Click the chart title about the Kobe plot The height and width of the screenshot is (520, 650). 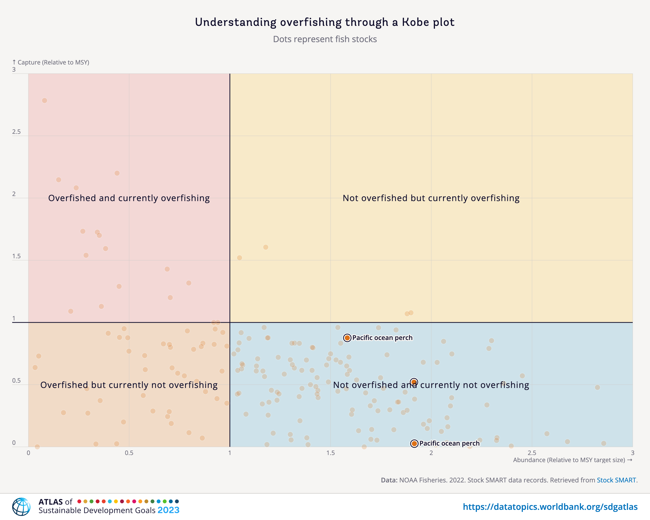(x=325, y=22)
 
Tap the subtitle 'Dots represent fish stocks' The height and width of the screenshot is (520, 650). (x=325, y=39)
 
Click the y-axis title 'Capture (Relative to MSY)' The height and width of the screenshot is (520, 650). (x=53, y=62)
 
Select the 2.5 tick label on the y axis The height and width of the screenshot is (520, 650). (x=17, y=132)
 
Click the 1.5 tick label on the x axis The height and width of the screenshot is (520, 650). (x=330, y=453)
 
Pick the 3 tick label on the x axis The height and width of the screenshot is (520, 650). (x=632, y=453)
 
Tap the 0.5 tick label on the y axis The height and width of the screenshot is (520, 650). (x=17, y=380)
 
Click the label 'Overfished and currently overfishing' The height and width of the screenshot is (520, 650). (x=129, y=198)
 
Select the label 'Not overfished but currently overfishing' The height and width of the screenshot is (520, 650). (x=431, y=198)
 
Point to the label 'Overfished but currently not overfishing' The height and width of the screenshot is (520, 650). (x=129, y=385)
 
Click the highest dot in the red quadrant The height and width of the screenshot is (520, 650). (x=45, y=100)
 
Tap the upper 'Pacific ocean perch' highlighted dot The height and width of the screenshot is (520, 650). (x=347, y=338)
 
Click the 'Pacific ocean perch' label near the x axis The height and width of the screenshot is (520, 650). (x=449, y=443)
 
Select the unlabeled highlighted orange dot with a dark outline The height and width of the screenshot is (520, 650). (x=414, y=382)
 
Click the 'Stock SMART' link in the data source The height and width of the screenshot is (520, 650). (x=616, y=480)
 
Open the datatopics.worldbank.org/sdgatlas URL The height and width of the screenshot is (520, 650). (x=550, y=507)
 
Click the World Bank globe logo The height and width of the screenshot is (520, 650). (x=21, y=507)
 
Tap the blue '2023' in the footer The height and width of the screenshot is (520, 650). (x=168, y=510)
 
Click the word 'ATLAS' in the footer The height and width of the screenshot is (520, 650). (x=51, y=502)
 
